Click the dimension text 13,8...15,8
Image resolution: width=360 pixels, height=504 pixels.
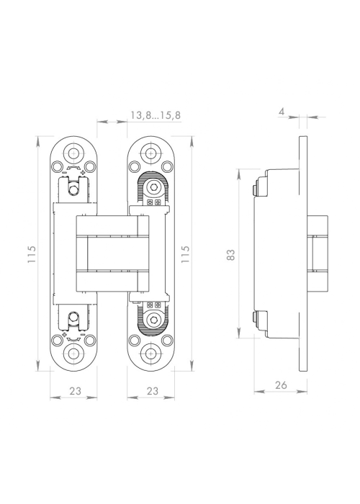(156, 115)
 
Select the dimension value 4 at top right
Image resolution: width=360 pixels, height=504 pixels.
(282, 112)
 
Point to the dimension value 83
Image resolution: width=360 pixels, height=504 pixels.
(231, 255)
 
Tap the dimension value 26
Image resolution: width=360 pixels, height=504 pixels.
(281, 384)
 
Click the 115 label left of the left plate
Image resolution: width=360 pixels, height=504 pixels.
(32, 255)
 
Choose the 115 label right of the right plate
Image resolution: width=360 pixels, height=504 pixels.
(186, 255)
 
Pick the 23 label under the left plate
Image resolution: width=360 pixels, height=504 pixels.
(75, 391)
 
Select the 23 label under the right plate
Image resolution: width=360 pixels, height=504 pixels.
(153, 391)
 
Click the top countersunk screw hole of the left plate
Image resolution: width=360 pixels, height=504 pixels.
(74, 153)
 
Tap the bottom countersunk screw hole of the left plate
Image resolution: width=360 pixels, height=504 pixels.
(74, 354)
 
